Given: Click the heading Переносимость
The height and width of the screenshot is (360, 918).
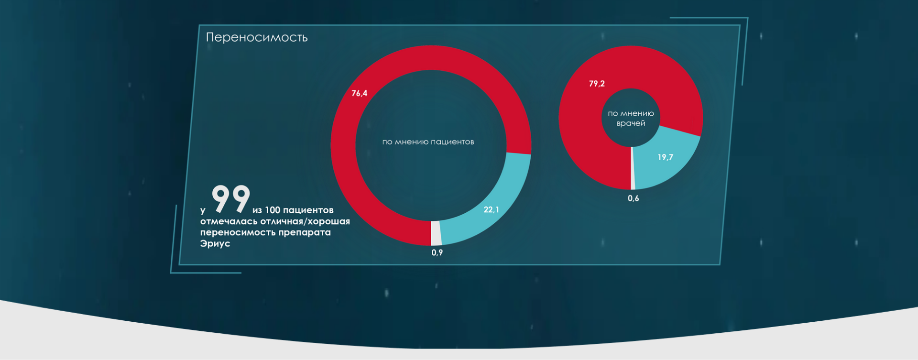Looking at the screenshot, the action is point(257,37).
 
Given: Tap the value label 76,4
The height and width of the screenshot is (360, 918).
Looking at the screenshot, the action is point(360,93).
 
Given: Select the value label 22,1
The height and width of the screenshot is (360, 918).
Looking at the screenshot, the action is point(491,209).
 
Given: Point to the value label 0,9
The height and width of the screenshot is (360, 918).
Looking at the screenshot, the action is point(437,252).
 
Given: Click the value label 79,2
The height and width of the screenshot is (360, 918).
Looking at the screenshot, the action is point(597,84).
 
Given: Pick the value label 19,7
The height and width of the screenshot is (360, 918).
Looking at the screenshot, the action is point(665,157).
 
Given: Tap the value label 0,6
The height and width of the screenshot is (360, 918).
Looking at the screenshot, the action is point(633,198).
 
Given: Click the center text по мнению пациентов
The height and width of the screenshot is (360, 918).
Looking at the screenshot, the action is point(428,142).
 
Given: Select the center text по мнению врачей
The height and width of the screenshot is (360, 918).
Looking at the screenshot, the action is point(631,119).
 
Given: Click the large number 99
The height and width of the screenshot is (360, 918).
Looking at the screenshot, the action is point(231,198).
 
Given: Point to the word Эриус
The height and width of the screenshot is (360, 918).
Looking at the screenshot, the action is point(215,243).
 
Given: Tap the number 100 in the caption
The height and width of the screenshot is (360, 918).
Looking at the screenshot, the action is point(273,210).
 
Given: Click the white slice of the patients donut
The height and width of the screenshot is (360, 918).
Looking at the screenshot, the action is point(436,233).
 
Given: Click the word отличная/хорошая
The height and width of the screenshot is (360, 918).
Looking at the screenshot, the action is point(305,221).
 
